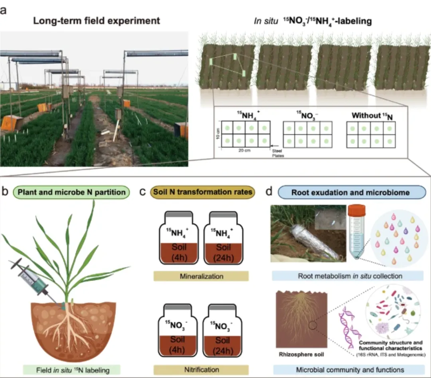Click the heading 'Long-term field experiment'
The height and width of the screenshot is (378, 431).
point(97,21)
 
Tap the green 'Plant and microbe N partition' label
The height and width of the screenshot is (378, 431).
point(71,192)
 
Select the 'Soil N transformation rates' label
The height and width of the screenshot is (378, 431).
point(202,192)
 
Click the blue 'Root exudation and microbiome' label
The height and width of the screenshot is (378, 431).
point(351,192)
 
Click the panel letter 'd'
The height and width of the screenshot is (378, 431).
point(269,192)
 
